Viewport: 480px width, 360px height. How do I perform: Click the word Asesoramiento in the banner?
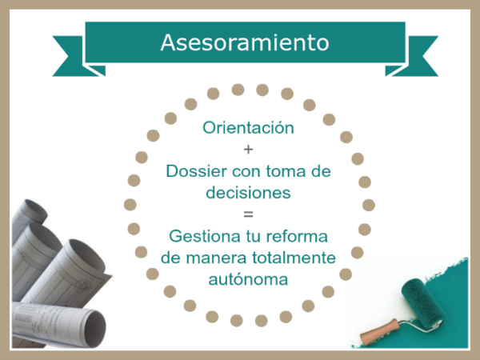click(245, 42)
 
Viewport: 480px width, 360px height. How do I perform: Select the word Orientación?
click(248, 127)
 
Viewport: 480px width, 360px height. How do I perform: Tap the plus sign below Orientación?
click(248, 150)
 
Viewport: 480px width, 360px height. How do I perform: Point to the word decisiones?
click(248, 193)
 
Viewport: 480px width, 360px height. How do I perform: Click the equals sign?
click(248, 214)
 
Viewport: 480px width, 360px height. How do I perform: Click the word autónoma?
click(248, 279)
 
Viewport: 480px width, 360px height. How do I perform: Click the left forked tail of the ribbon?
click(74, 56)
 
